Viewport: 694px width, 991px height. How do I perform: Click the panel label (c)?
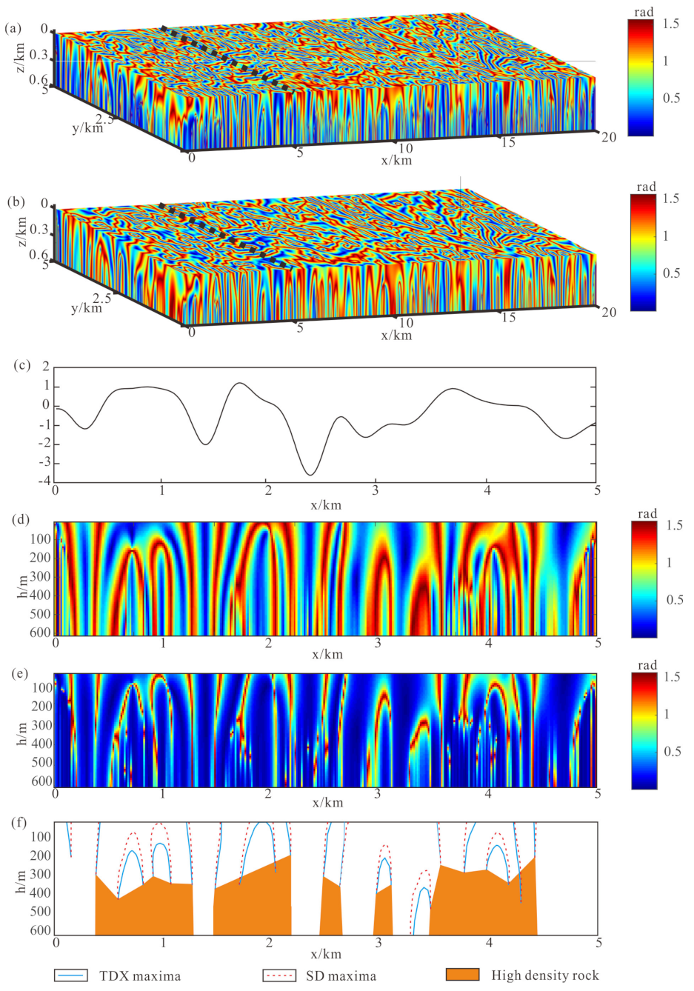pos(14,365)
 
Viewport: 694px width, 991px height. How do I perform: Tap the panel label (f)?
pos(14,821)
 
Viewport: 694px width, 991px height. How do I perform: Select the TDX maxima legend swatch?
pos(71,975)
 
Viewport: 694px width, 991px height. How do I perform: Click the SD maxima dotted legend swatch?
pos(279,975)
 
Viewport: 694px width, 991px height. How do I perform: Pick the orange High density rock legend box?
pos(462,975)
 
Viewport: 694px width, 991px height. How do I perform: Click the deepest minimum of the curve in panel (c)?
pos(310,475)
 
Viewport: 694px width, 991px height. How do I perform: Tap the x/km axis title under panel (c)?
pos(326,505)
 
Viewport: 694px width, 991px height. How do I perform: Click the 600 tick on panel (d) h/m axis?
pos(41,633)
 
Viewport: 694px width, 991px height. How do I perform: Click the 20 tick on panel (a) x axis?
pos(608,137)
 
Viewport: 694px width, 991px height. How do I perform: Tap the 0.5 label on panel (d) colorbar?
pos(673,599)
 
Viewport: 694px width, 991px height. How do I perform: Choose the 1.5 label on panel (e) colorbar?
pos(672,678)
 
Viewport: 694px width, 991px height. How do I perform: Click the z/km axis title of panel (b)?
pos(21,232)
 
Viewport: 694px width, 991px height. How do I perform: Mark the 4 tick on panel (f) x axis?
pos(489,943)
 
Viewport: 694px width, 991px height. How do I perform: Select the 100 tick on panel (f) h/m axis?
pos(41,837)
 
